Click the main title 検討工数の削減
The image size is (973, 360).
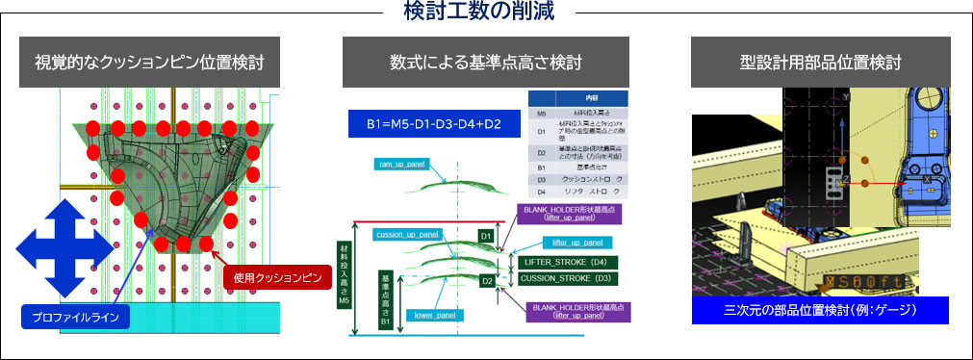[486, 13]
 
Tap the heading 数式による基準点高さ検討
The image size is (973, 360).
[486, 64]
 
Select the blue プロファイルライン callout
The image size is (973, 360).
[75, 317]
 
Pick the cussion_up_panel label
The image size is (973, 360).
[408, 233]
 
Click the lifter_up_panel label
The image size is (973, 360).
[572, 243]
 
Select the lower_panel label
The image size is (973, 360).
[434, 315]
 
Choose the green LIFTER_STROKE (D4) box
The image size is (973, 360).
[566, 262]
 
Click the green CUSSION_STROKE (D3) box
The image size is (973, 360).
[566, 278]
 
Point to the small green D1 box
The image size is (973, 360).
[486, 236]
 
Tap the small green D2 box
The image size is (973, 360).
[487, 281]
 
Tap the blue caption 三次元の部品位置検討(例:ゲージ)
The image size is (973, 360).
[820, 310]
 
